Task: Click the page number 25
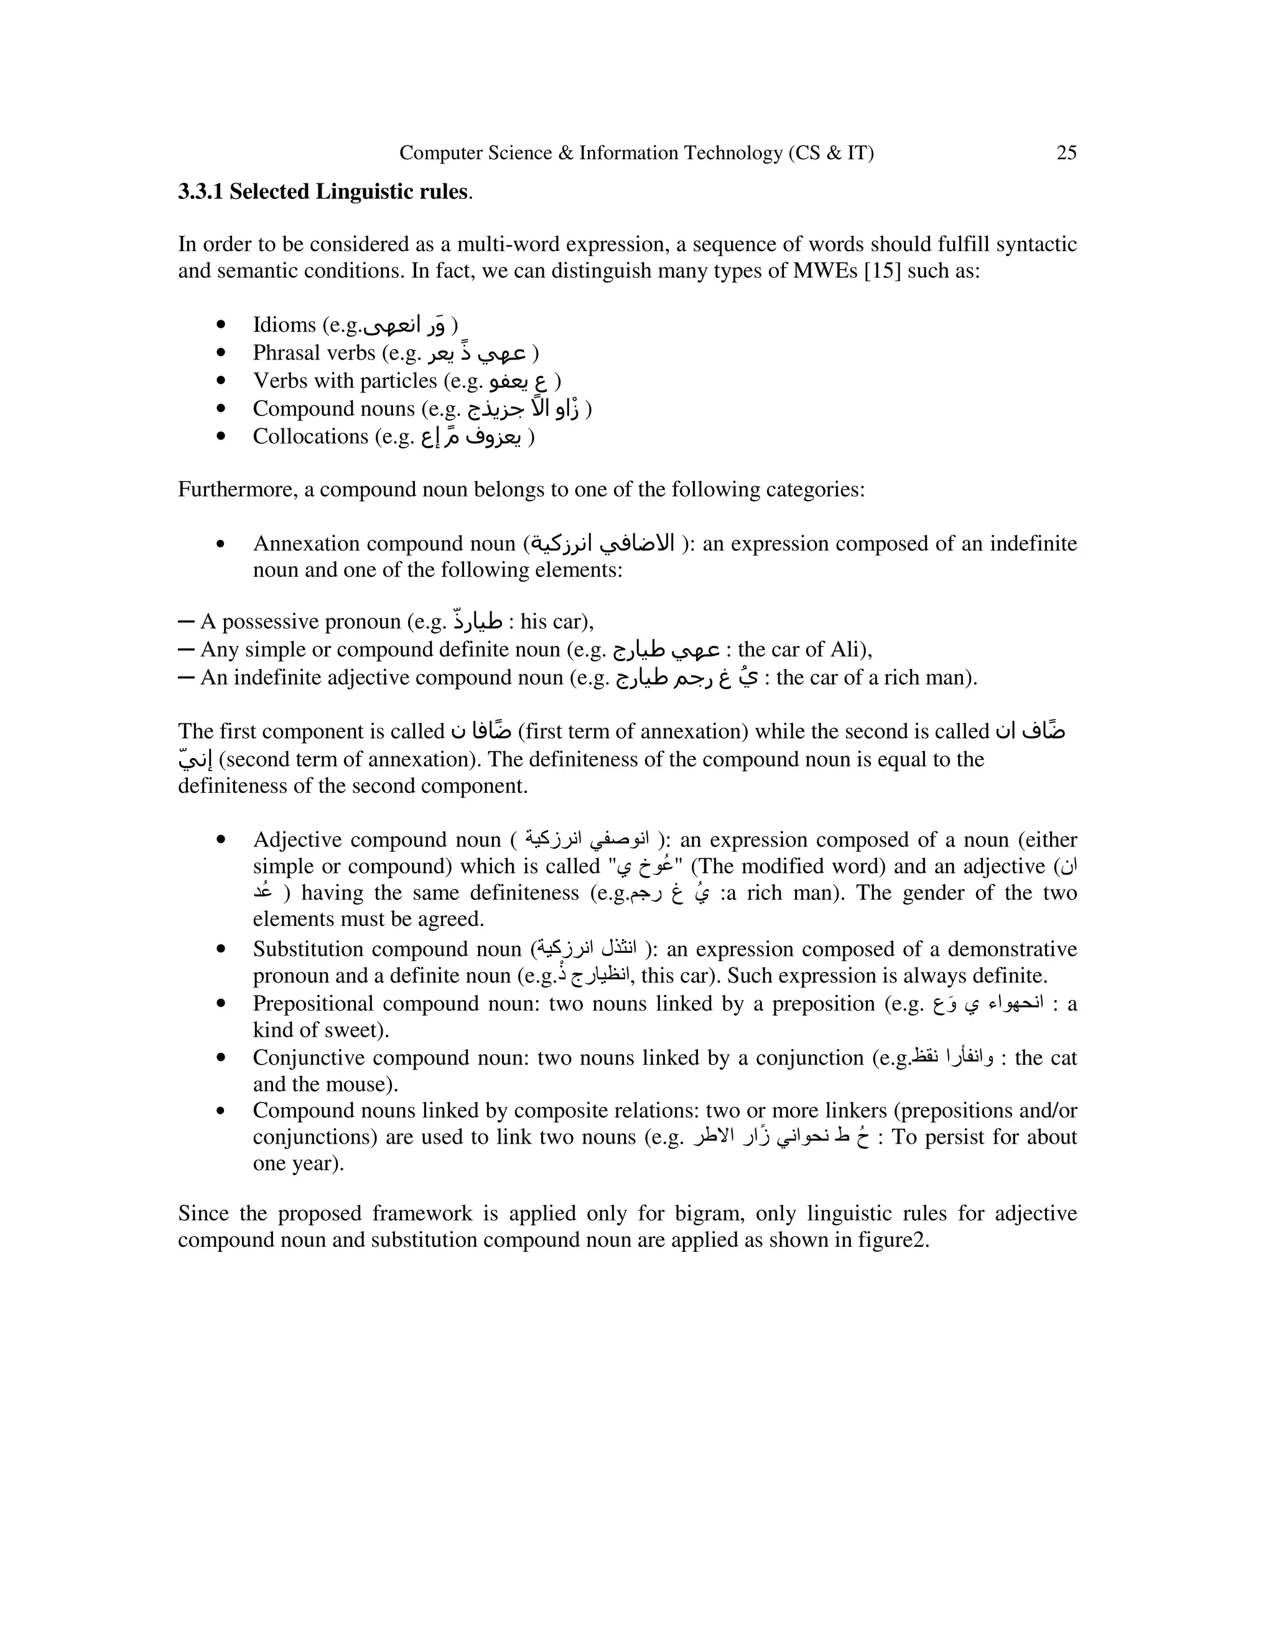pyautogui.click(x=1066, y=153)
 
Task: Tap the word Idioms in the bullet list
pyautogui.click(x=284, y=325)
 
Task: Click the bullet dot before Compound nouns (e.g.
pyautogui.click(x=221, y=409)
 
